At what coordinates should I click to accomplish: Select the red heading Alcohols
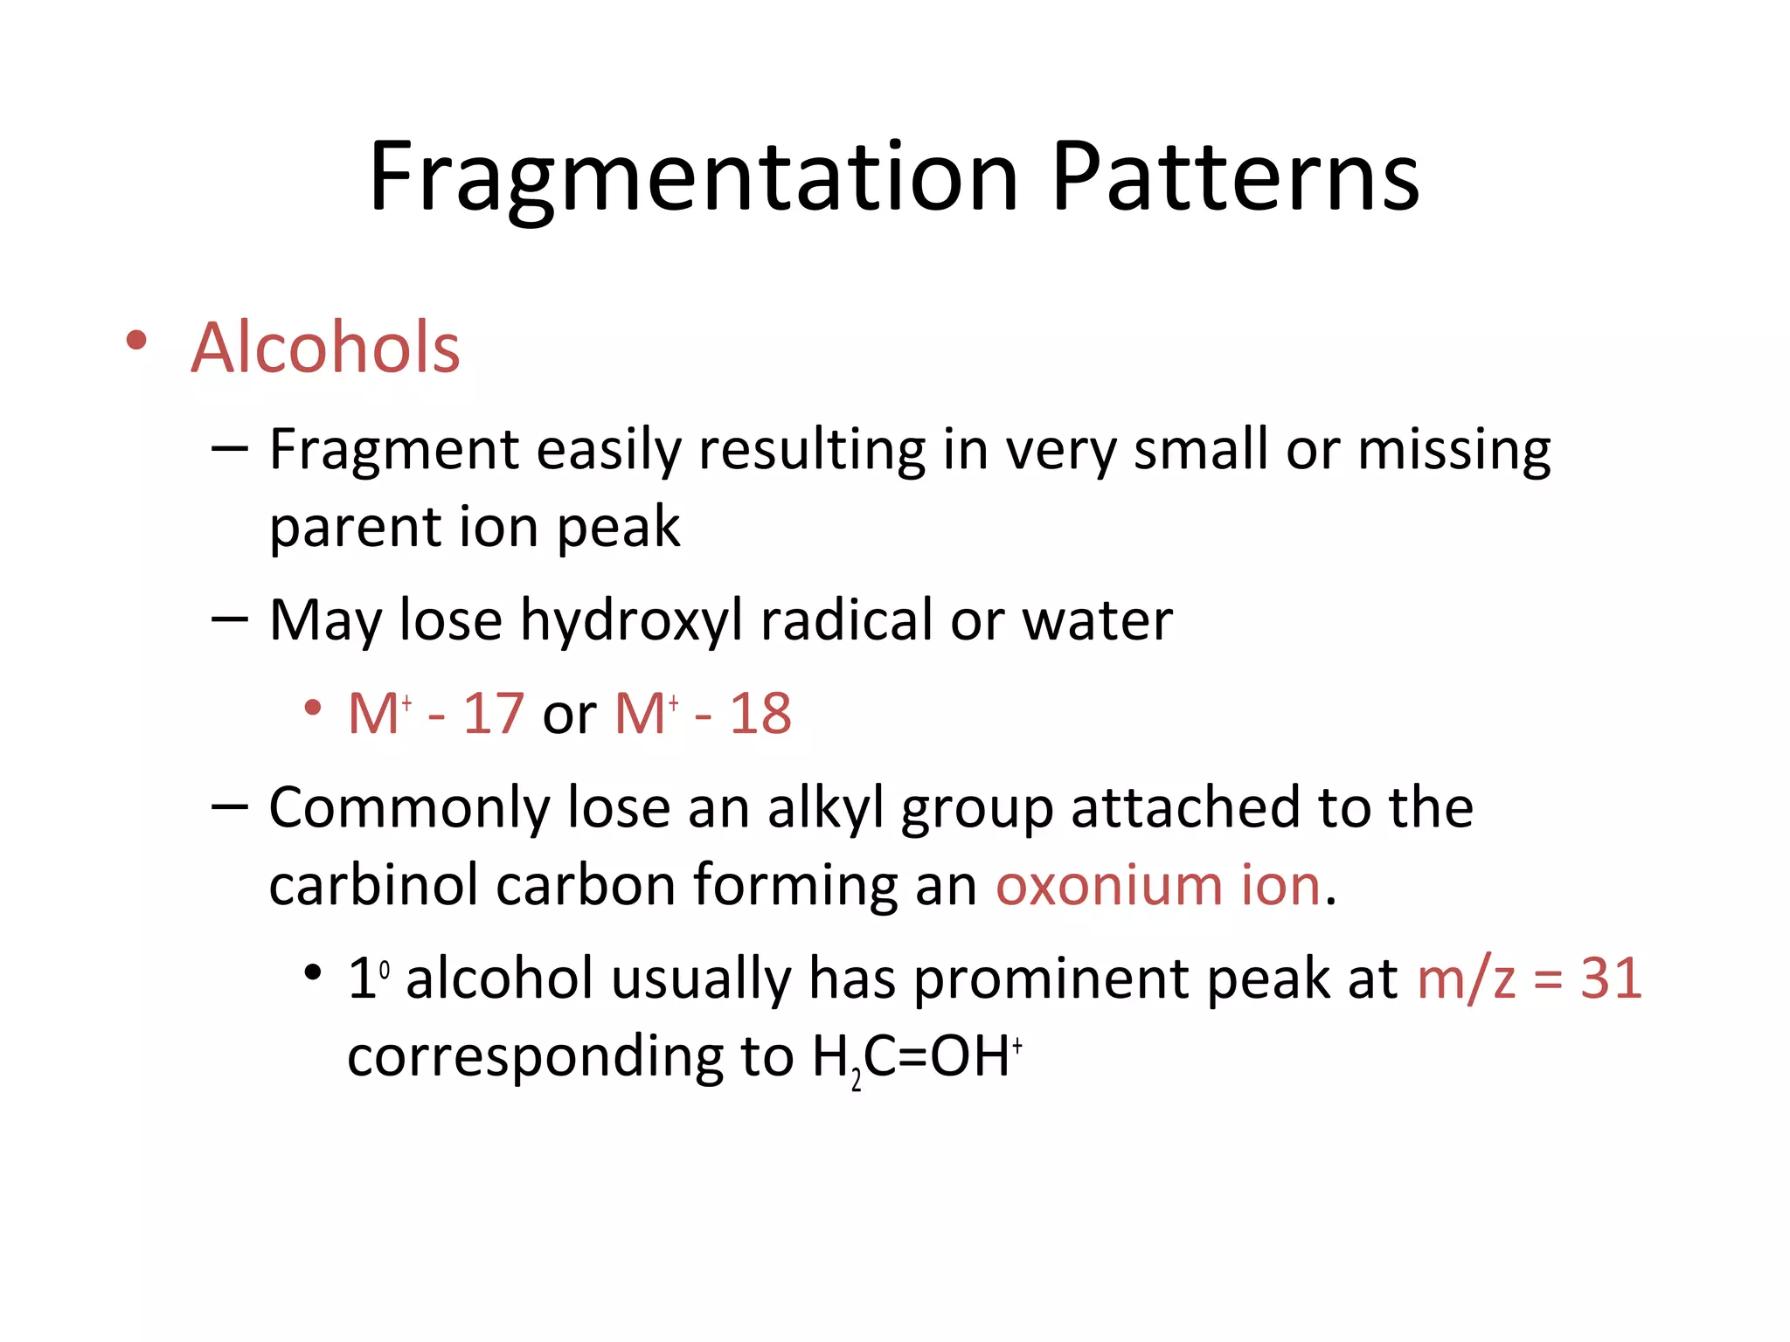pyautogui.click(x=325, y=348)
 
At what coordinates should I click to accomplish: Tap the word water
pyautogui.click(x=1097, y=621)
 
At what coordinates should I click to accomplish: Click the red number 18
pyautogui.click(x=760, y=714)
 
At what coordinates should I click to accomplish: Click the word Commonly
pyautogui.click(x=409, y=807)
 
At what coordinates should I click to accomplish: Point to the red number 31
pyautogui.click(x=1611, y=979)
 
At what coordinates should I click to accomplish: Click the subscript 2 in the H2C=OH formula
pyautogui.click(x=857, y=1082)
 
